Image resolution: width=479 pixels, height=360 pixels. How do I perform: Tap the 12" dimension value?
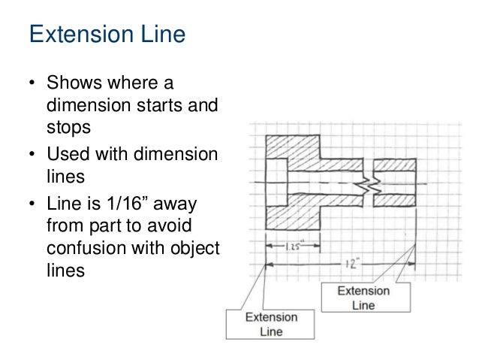coord(349,265)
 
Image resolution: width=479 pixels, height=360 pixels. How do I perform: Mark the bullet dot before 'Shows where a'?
coord(32,82)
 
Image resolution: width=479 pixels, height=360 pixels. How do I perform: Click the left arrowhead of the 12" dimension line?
coord(269,264)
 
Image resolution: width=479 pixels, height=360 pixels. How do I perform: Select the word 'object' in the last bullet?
coord(195,248)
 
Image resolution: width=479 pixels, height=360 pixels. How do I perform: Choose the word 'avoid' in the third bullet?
coord(194,227)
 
